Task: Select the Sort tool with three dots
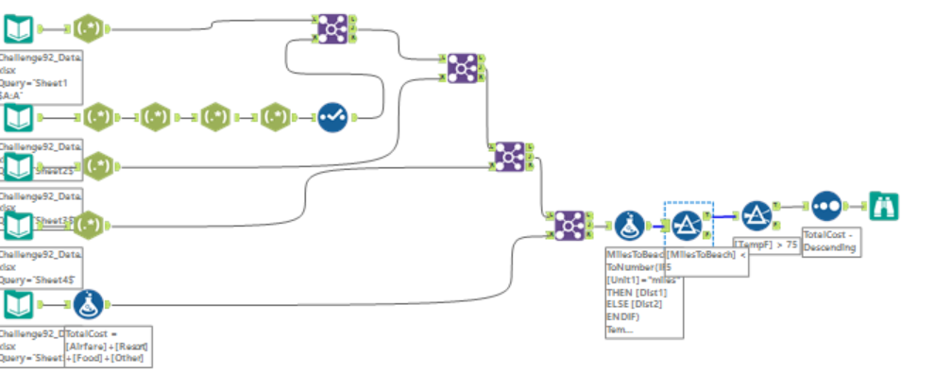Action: (826, 206)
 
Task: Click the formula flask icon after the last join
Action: (629, 225)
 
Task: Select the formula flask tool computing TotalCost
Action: (89, 304)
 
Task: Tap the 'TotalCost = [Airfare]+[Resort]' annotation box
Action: (107, 347)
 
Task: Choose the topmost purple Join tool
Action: (331, 29)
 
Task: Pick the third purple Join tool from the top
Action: (510, 155)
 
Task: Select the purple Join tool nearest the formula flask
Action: (569, 225)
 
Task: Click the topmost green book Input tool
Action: (18, 29)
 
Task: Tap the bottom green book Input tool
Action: (18, 304)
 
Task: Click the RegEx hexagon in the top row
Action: (88, 29)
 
